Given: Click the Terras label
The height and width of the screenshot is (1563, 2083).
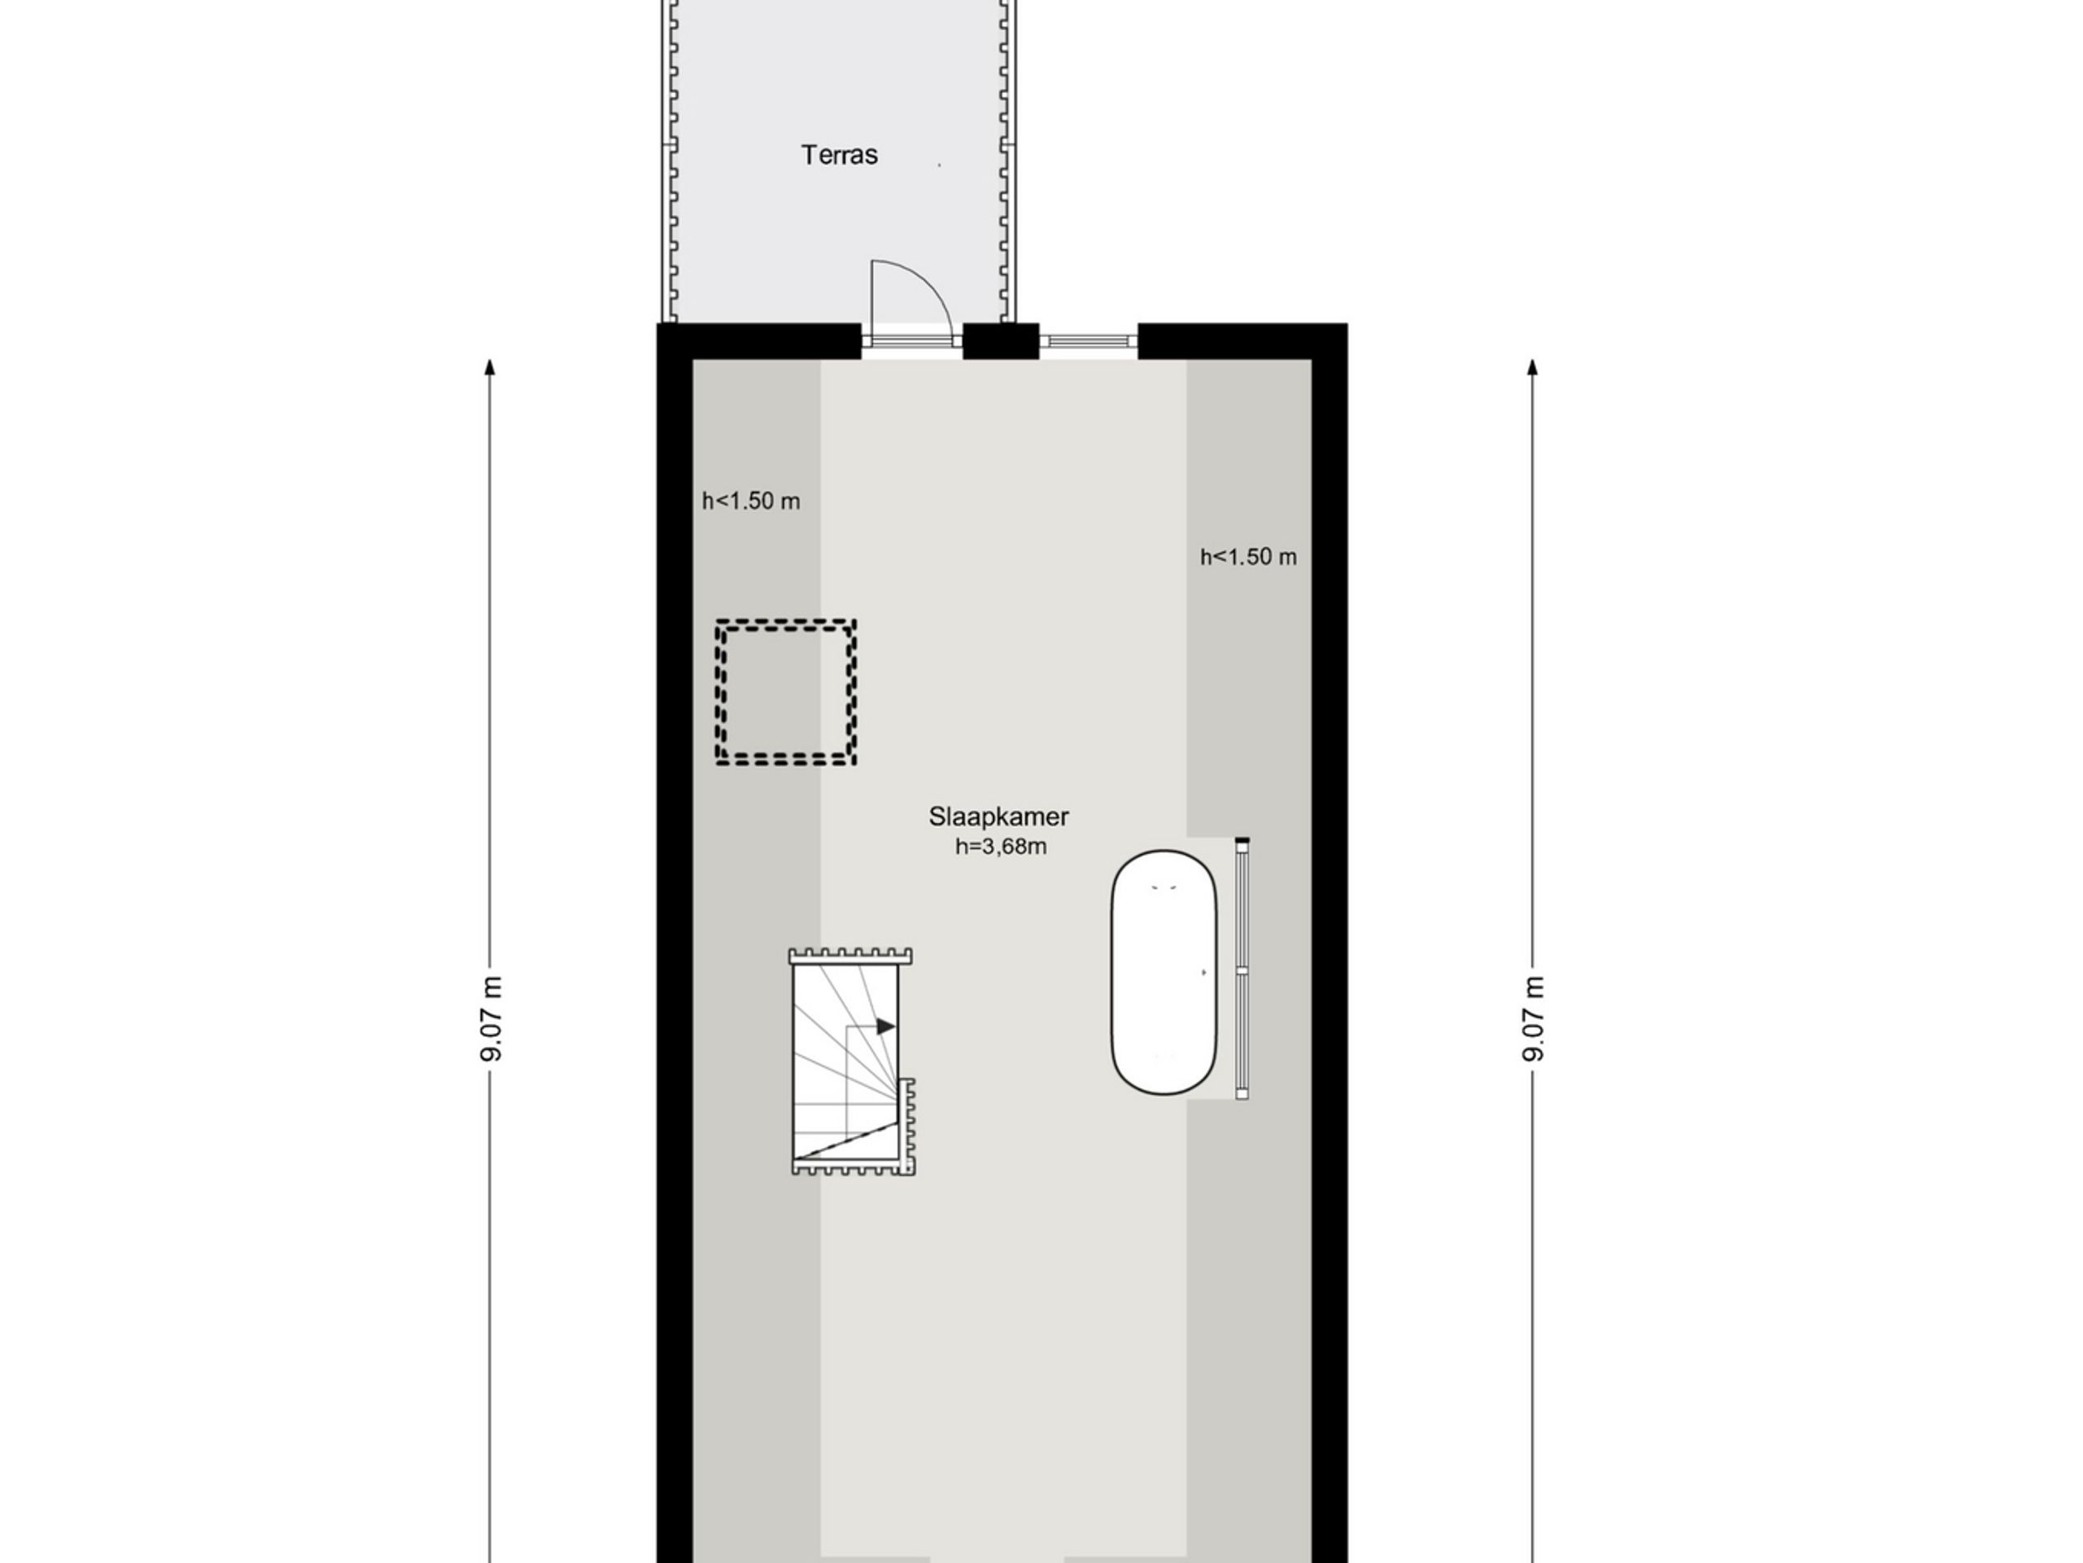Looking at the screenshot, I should click(x=839, y=155).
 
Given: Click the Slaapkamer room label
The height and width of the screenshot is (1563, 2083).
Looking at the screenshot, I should click(x=998, y=817).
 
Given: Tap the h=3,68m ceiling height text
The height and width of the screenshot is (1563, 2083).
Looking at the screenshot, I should click(x=1000, y=847).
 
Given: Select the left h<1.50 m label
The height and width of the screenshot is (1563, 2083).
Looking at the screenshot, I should click(x=750, y=501).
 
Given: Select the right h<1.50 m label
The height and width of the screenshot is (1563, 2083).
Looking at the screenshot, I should click(x=1247, y=557).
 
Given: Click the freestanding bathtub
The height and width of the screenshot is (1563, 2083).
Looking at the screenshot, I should click(x=1163, y=972).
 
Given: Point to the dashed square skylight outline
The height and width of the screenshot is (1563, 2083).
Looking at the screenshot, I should click(x=785, y=691).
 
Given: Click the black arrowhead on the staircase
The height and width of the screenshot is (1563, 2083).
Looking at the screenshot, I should click(x=885, y=1026).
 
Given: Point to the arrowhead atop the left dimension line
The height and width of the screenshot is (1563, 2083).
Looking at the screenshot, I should click(x=490, y=367).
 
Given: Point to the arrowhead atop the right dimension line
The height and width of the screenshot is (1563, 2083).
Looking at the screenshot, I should click(x=1532, y=367).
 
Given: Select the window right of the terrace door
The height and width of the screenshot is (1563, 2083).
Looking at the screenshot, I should click(x=1088, y=341).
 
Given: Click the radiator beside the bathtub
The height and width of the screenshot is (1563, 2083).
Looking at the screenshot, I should click(x=1242, y=969).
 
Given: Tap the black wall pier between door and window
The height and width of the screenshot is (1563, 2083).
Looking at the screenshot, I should click(x=1000, y=341).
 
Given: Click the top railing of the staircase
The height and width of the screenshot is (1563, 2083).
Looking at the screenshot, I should click(x=850, y=957).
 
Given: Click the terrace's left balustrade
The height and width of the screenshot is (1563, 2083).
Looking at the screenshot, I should click(x=671, y=160).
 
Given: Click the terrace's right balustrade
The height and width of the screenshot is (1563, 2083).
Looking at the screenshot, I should click(x=1008, y=160).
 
